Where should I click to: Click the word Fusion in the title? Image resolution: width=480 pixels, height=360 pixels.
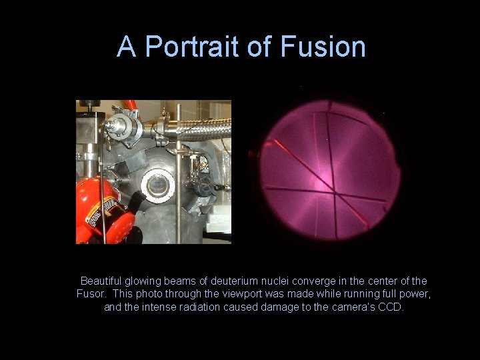(323, 47)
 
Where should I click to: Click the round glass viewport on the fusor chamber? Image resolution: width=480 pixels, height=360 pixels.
(158, 185)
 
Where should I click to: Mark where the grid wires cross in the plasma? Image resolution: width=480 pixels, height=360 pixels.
(334, 192)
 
